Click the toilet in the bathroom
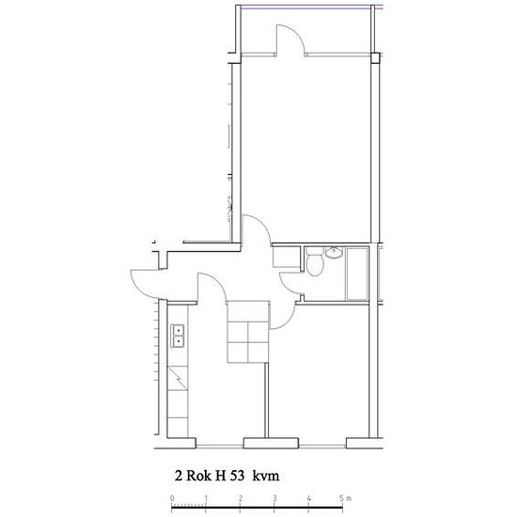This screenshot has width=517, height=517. [314, 261]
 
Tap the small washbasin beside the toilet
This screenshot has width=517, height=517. [334, 253]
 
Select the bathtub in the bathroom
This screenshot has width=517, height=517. [357, 274]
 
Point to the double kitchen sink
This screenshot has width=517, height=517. [178, 336]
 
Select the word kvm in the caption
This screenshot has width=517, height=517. [266, 476]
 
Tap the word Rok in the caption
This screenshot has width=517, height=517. [198, 476]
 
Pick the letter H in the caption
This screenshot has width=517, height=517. [218, 476]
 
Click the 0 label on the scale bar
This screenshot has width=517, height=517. [172, 498]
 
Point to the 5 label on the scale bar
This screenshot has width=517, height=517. [341, 498]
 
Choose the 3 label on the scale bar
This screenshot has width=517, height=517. [274, 498]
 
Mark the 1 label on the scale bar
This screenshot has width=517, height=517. [206, 498]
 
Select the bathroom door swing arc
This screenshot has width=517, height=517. [285, 286]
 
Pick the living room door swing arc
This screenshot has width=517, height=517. [264, 224]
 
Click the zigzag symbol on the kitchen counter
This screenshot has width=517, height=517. [178, 378]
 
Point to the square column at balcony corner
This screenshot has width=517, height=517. [375, 57]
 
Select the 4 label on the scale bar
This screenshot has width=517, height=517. [308, 498]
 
